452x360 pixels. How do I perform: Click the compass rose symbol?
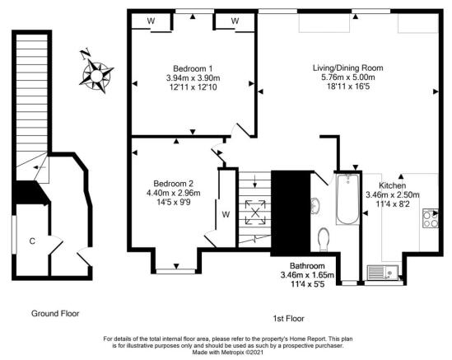97,73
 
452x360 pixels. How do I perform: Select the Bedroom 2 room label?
174,183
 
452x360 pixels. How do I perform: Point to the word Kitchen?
392,185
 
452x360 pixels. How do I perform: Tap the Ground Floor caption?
55,313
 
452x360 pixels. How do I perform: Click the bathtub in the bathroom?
346,200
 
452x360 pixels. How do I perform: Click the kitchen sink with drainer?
384,269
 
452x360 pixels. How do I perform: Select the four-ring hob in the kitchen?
430,218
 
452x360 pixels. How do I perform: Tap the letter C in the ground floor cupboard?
32,241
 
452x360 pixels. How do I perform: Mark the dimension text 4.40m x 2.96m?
174,193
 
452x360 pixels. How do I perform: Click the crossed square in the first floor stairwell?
254,212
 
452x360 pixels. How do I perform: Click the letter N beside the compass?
84,53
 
